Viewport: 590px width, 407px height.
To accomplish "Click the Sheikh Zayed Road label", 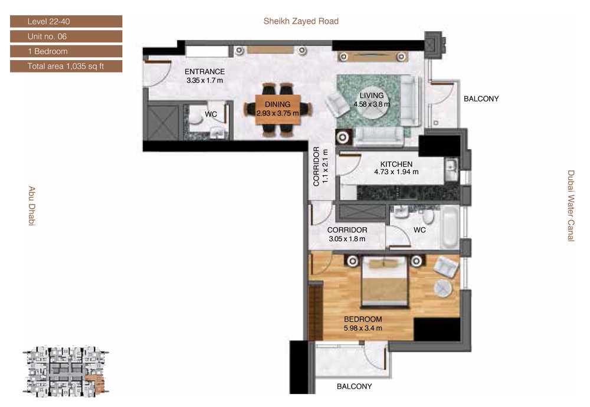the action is (x=301, y=21).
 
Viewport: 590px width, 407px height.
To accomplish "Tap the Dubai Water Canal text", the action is (x=571, y=206).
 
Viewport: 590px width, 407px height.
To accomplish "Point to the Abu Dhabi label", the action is (x=32, y=206).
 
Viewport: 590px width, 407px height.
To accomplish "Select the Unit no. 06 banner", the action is (x=66, y=37).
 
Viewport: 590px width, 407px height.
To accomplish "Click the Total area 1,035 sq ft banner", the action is (x=66, y=66).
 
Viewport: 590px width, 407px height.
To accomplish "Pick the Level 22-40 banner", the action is (x=66, y=21).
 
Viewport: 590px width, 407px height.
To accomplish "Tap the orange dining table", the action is (x=278, y=109).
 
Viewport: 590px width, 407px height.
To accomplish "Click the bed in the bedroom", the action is (x=384, y=281).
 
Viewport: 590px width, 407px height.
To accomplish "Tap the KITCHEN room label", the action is (x=396, y=164).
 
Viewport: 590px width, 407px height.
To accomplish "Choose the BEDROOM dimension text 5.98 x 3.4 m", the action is (x=363, y=328).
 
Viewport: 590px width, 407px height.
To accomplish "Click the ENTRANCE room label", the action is (x=205, y=71).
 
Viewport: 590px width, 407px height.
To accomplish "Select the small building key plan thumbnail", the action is (x=66, y=370).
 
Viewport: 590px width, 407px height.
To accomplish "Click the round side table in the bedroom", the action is (x=443, y=288).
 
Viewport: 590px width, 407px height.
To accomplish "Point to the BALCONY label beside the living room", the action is (x=481, y=99).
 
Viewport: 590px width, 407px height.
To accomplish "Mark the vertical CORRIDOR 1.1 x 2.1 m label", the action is (x=320, y=166).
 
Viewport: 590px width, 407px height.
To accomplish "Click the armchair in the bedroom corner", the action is (x=446, y=265).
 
